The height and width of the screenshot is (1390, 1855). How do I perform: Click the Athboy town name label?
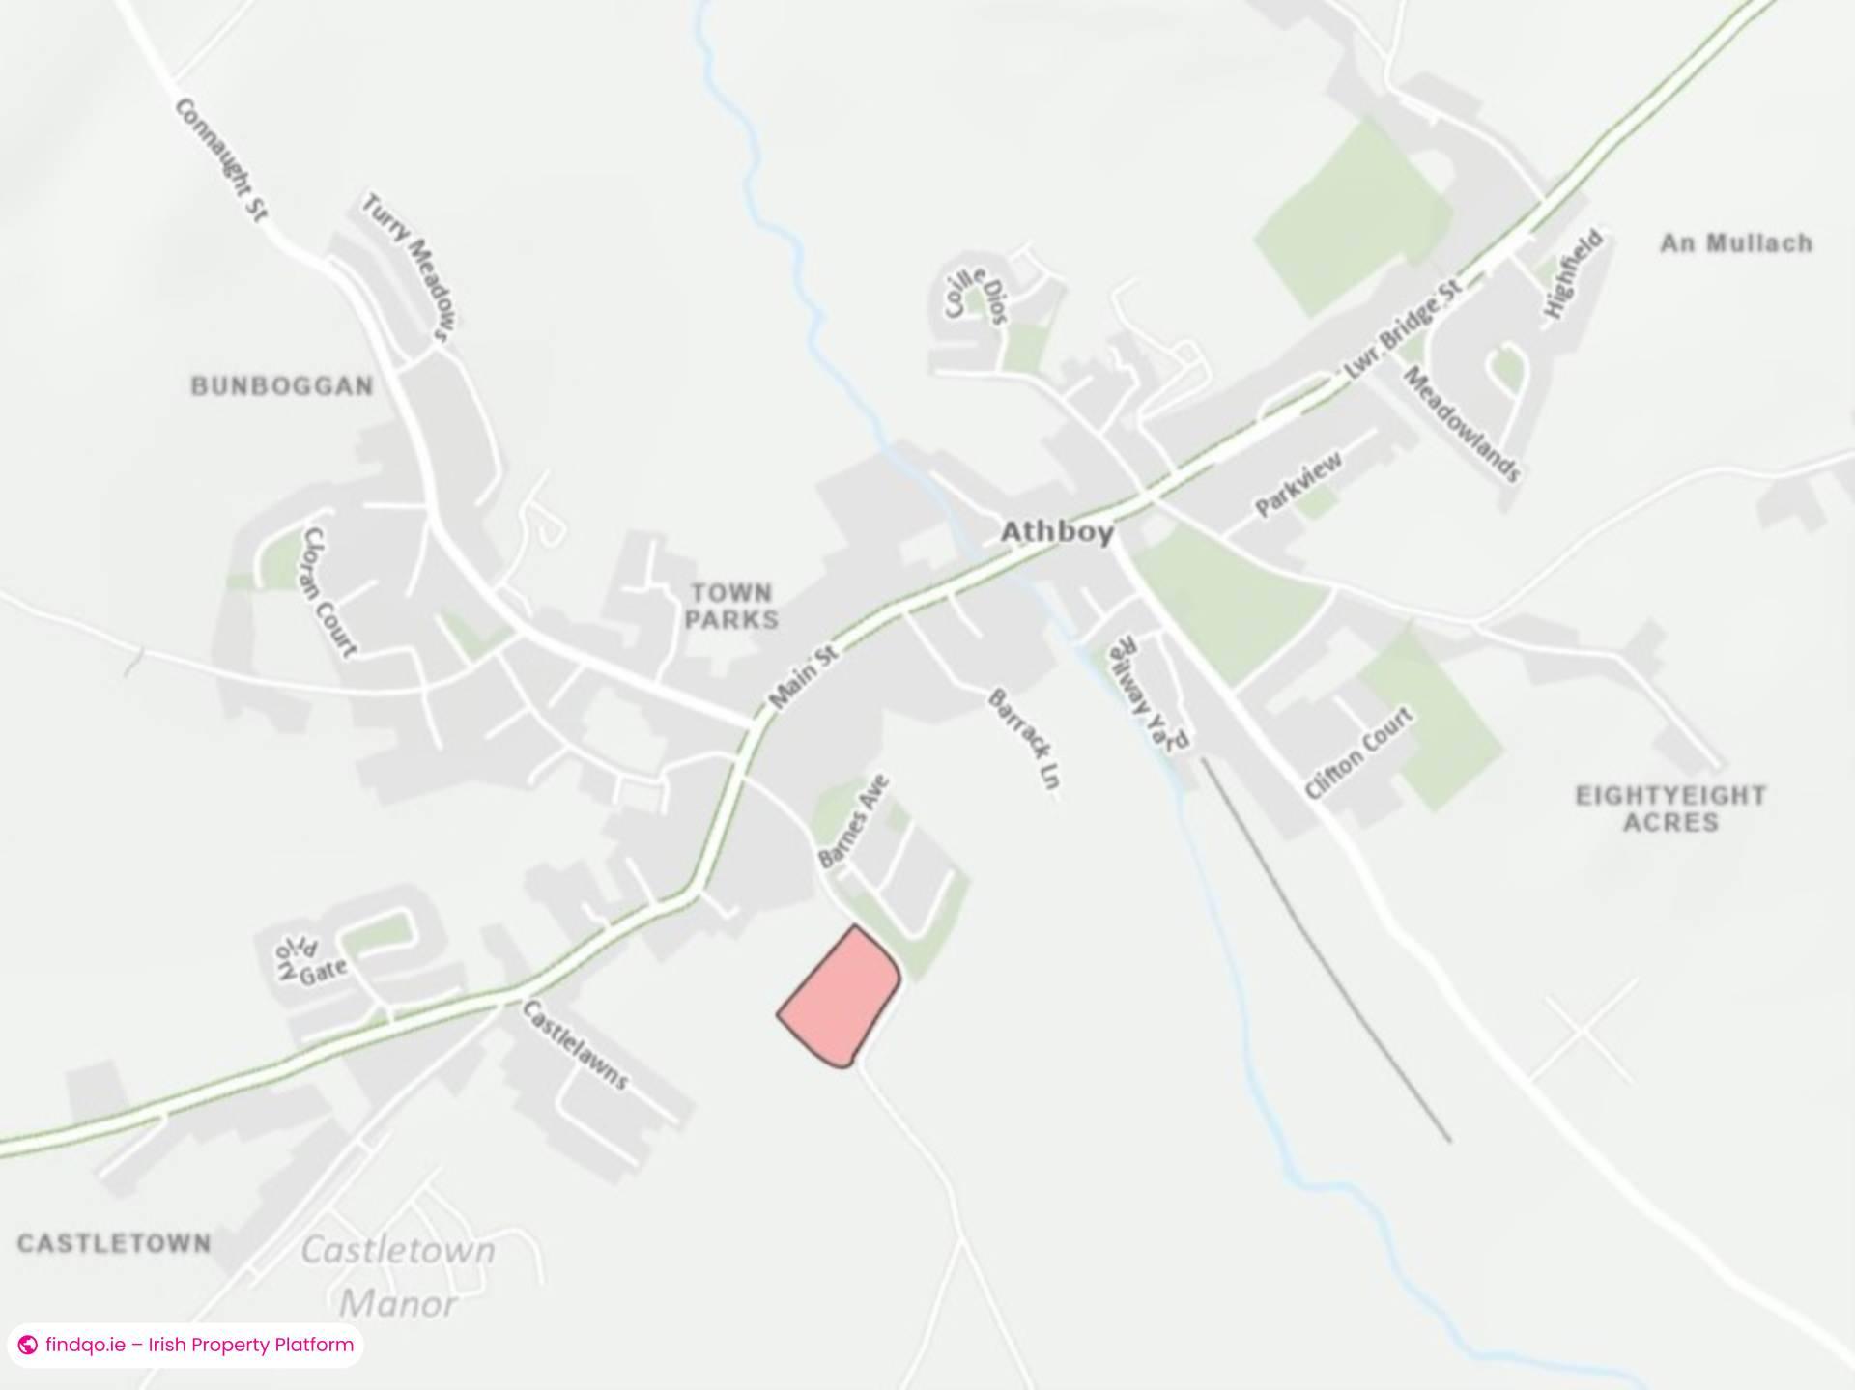tap(1057, 532)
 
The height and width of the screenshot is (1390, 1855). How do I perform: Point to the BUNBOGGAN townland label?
tap(281, 386)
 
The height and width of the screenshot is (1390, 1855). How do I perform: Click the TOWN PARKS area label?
tap(731, 607)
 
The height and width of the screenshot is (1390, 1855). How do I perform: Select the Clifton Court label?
tap(1358, 752)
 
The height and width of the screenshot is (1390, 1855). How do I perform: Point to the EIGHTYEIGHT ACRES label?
tap(1670, 808)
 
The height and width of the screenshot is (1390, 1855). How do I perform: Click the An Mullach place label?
tap(1735, 243)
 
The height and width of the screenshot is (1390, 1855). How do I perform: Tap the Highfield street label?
tap(1573, 274)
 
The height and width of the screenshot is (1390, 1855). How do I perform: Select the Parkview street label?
tap(1298, 484)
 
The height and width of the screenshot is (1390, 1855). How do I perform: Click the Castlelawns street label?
tap(575, 1044)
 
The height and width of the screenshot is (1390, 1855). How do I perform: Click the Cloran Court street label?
tap(329, 591)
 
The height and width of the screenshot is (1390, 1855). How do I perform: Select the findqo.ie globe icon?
tap(28, 1345)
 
